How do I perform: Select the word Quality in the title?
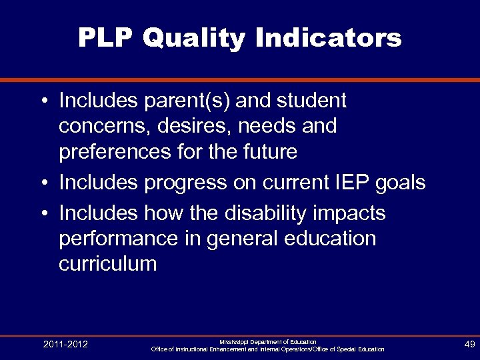(x=194, y=39)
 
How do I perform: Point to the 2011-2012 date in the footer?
(x=65, y=345)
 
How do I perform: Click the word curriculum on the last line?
(x=107, y=264)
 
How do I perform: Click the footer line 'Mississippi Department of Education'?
(x=267, y=341)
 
